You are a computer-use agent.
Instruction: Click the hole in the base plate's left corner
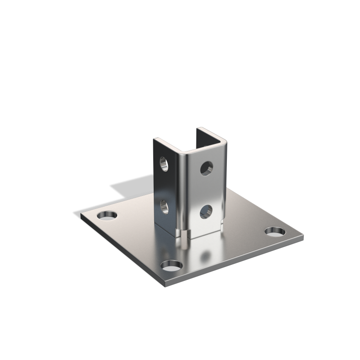(x=107, y=216)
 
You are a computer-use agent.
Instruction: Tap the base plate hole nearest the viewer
(x=172, y=266)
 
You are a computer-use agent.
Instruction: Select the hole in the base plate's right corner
(x=274, y=231)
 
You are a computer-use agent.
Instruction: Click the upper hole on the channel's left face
(x=164, y=164)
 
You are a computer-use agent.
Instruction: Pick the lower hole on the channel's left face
(x=164, y=206)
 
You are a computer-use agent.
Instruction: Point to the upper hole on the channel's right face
(x=206, y=168)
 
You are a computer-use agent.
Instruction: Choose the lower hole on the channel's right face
(x=206, y=212)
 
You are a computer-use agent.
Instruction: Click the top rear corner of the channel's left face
(x=155, y=139)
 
